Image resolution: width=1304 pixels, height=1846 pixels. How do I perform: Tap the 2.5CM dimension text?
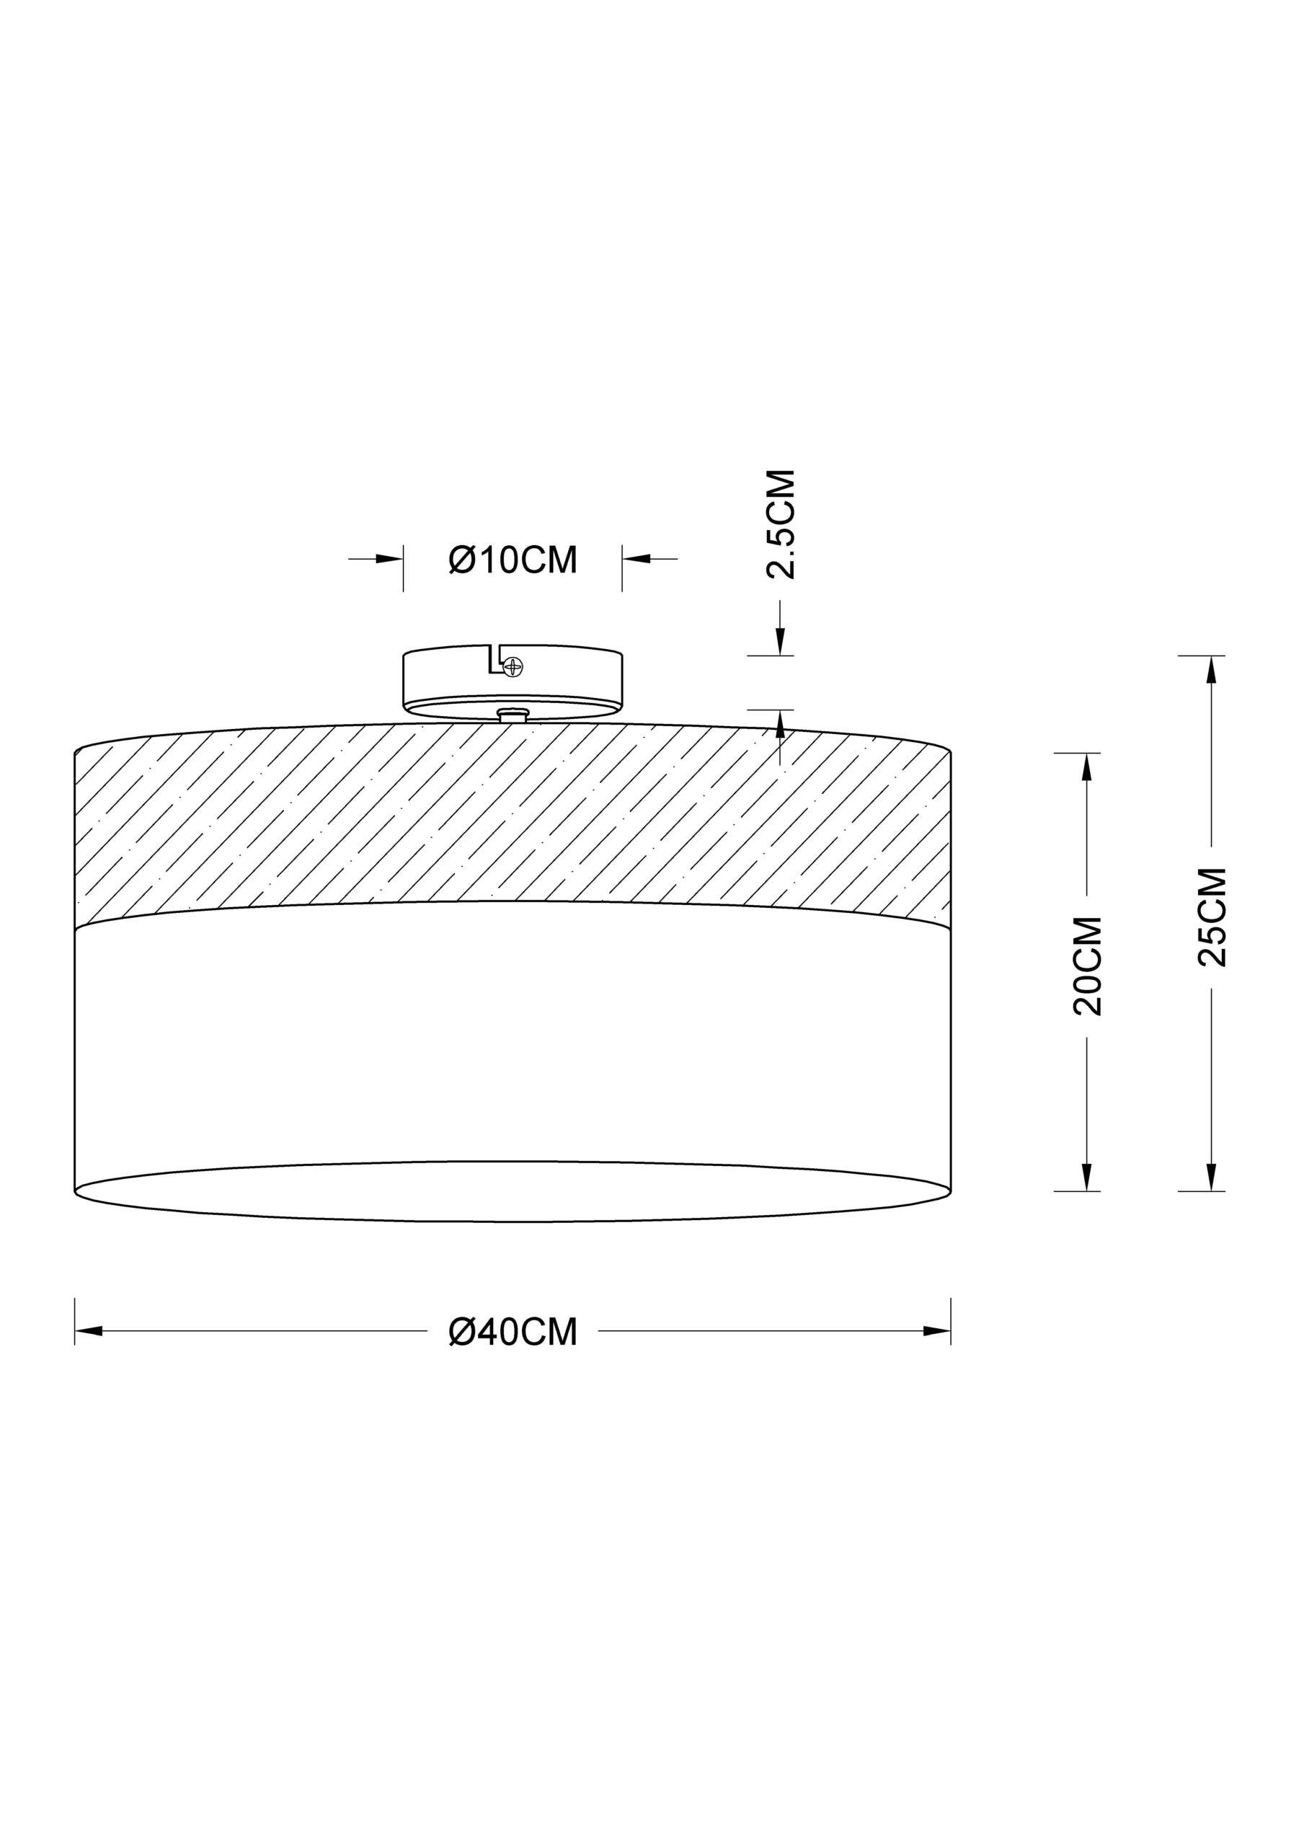click(781, 524)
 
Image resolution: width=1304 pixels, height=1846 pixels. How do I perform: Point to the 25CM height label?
click(1212, 917)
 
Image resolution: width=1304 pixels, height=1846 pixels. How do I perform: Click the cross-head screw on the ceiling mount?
click(512, 666)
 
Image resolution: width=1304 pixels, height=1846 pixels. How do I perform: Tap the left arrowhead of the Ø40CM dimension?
click(89, 1330)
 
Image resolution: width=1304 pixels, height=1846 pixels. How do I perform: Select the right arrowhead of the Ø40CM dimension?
click(936, 1330)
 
